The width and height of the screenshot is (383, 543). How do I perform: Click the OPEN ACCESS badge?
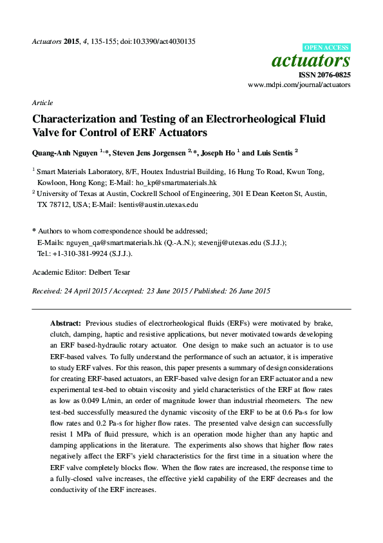(x=326, y=48)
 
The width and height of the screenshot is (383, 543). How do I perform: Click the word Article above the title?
(x=42, y=103)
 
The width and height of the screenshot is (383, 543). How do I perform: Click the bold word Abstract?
(x=66, y=322)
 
